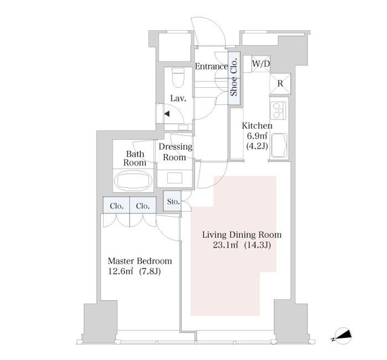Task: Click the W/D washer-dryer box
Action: click(x=261, y=64)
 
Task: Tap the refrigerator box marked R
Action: click(x=280, y=84)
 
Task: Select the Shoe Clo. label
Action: click(x=234, y=77)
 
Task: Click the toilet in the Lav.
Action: click(x=178, y=78)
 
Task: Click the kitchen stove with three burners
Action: click(x=278, y=110)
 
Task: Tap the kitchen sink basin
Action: click(x=279, y=145)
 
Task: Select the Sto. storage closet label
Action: click(x=173, y=202)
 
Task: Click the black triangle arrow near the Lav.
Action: click(x=167, y=114)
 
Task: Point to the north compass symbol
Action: click(x=342, y=336)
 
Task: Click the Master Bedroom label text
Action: click(x=140, y=261)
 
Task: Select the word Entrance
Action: click(x=212, y=66)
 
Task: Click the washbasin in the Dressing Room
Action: click(x=175, y=178)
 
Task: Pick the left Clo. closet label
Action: click(x=117, y=206)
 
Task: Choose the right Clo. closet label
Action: click(x=143, y=206)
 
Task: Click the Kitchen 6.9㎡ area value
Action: click(x=257, y=136)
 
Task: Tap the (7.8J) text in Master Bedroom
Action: click(x=150, y=272)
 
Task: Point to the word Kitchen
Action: click(x=257, y=126)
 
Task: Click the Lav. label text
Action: click(x=178, y=98)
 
